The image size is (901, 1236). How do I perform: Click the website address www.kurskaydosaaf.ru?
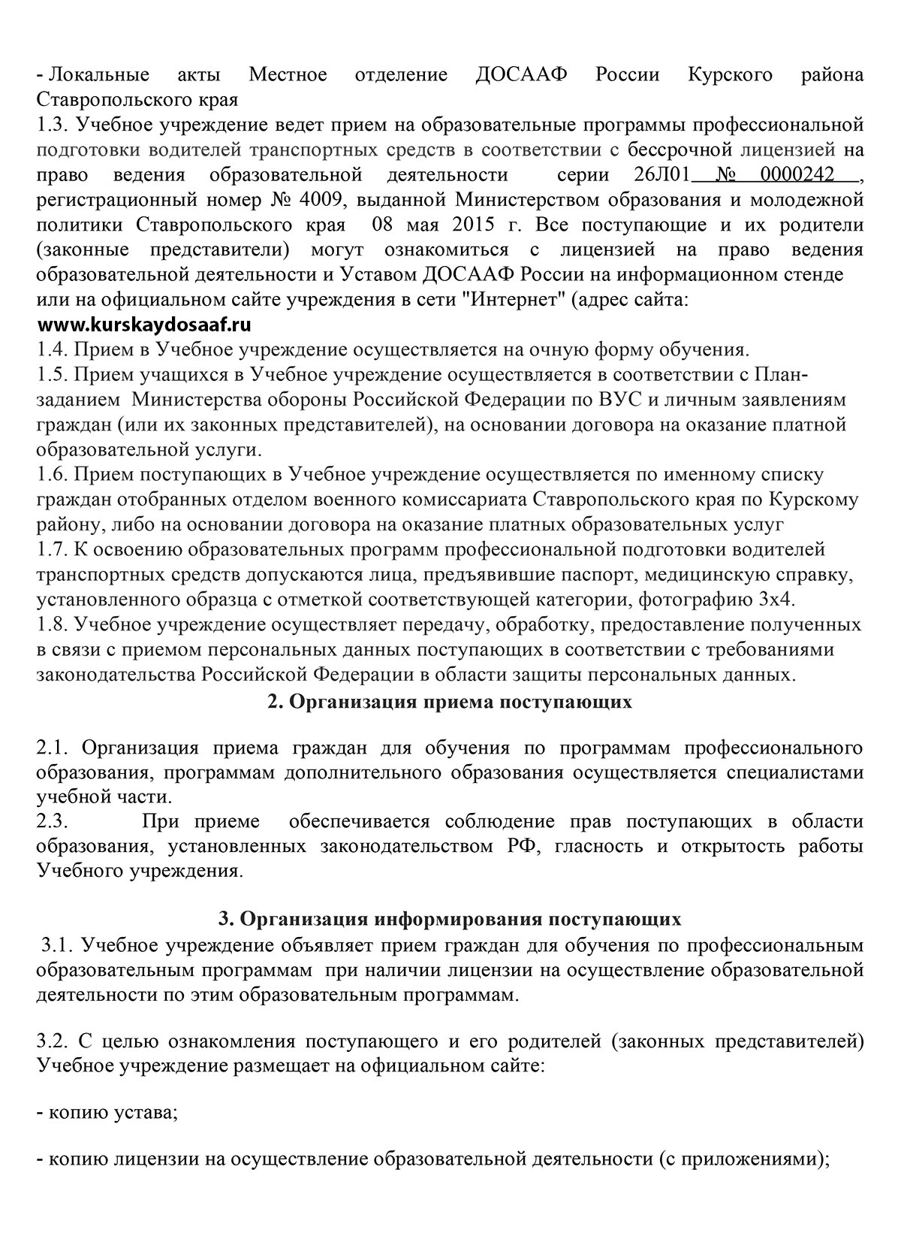(144, 326)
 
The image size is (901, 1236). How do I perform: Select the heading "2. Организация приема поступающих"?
(450, 702)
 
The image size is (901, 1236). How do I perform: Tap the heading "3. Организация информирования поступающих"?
(450, 919)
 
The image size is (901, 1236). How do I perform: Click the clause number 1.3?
(52, 126)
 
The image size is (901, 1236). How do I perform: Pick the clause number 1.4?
(52, 350)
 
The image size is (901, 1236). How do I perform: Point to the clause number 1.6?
(52, 475)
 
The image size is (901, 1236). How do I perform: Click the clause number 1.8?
(52, 624)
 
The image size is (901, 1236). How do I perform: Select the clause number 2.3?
(52, 821)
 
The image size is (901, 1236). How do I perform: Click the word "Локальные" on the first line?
(98, 75)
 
